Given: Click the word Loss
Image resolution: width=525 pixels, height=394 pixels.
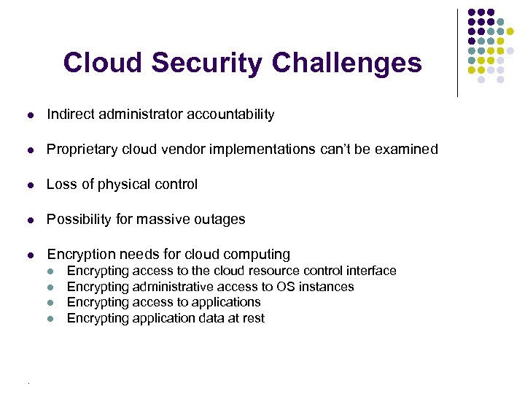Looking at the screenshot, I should tap(61, 184).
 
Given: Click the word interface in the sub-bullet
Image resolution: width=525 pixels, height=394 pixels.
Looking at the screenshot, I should tap(371, 271).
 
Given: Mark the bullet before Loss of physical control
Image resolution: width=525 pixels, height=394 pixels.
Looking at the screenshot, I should tap(29, 185).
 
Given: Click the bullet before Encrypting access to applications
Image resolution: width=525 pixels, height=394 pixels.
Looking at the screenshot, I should tap(50, 302).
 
